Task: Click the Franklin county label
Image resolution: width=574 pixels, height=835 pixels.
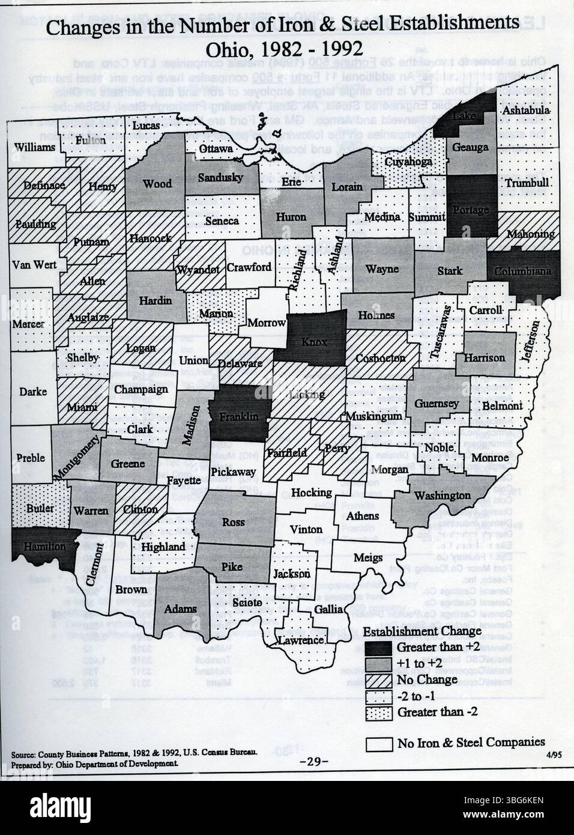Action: point(239,416)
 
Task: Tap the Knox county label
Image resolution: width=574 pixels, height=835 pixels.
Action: point(314,341)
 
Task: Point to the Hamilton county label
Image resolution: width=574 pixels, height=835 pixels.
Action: point(45,546)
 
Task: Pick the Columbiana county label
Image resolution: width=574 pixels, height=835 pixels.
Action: point(522,271)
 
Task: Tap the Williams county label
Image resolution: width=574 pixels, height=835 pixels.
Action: point(35,147)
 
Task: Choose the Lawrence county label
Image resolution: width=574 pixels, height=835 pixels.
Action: point(301,640)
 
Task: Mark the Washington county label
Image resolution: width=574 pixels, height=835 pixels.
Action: point(443,495)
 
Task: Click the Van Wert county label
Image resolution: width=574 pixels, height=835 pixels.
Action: point(34,264)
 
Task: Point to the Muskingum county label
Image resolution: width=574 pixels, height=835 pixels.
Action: point(373,416)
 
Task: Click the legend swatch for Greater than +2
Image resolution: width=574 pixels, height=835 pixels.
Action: point(379,648)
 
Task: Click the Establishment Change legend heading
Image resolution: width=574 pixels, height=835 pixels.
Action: point(422,631)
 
